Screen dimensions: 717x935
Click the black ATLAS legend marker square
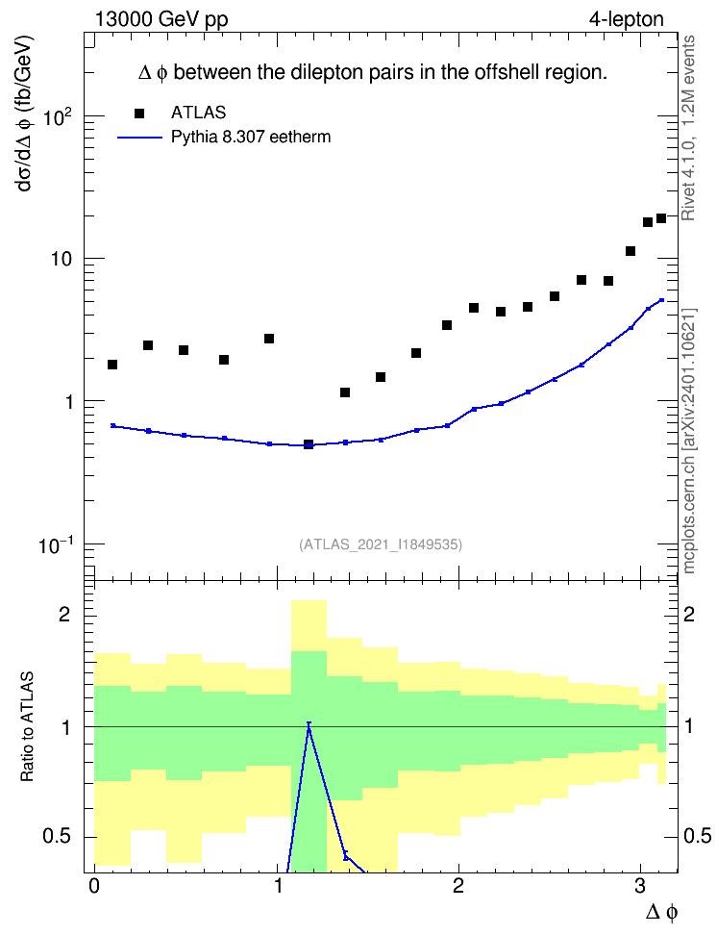click(138, 114)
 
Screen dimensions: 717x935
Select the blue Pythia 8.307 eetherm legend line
click(139, 138)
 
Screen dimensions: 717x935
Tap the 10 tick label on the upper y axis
click(61, 260)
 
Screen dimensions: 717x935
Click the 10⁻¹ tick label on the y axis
click(56, 544)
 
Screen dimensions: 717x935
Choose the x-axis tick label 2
click(457, 886)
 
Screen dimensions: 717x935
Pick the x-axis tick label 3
click(640, 886)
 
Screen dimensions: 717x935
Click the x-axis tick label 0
click(94, 886)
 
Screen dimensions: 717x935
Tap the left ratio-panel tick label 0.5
click(58, 837)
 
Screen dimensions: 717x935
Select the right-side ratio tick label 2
click(689, 614)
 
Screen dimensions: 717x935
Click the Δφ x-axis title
click(661, 912)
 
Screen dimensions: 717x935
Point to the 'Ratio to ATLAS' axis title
click(27, 727)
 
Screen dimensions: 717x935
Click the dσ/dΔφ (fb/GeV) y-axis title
click(25, 114)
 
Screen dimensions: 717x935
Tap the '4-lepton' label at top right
click(627, 19)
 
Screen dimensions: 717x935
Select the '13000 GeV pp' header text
click(161, 20)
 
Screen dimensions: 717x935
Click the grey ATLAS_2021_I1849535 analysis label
click(381, 544)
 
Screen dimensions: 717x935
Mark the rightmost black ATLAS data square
click(661, 218)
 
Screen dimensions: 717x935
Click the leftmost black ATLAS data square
click(112, 365)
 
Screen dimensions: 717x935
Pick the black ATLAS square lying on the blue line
click(309, 444)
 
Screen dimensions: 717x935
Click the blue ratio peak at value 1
click(309, 723)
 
